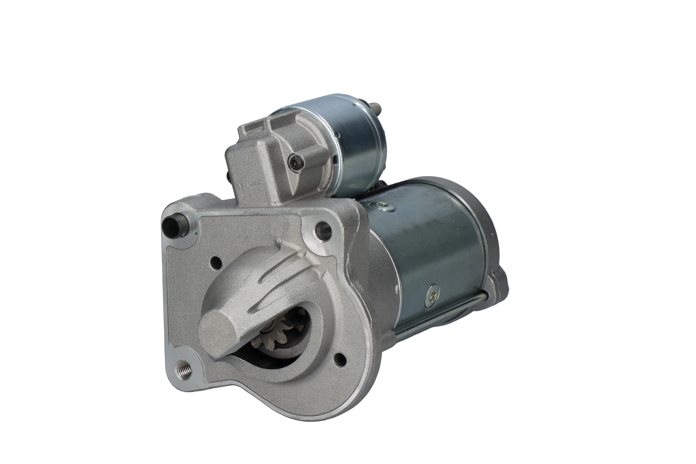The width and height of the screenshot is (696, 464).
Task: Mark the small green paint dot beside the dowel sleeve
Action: pyautogui.click(x=198, y=234)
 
